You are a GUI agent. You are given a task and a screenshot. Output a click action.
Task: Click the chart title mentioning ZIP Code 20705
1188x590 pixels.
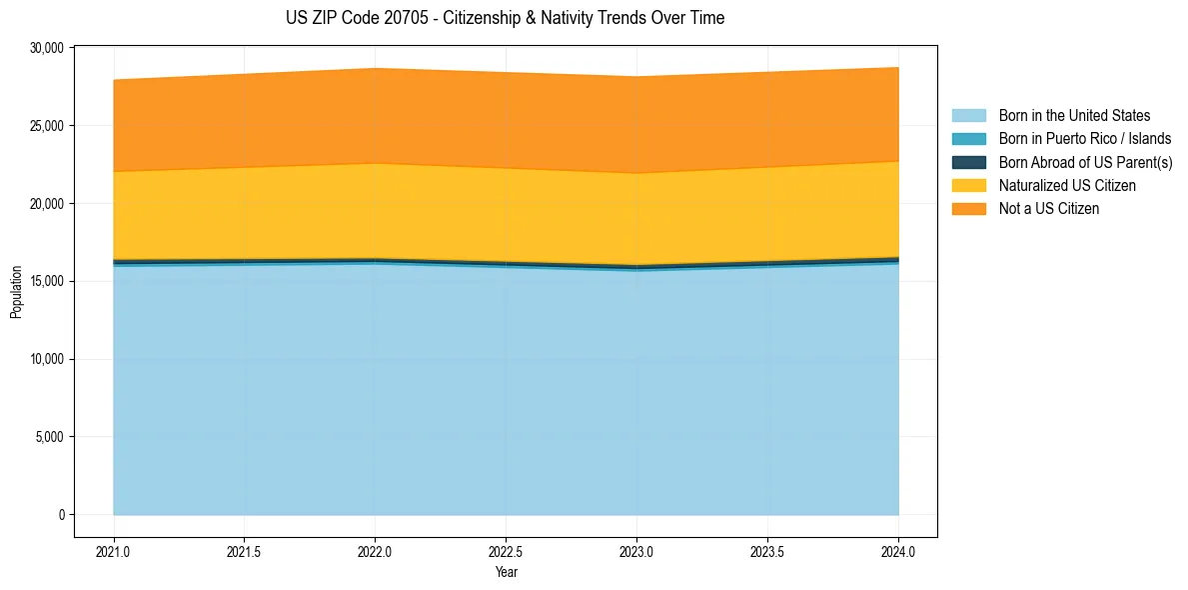point(505,18)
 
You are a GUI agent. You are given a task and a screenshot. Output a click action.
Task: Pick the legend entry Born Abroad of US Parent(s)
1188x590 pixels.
point(1085,162)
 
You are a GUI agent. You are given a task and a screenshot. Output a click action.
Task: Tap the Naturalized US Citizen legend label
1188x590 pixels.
point(1067,186)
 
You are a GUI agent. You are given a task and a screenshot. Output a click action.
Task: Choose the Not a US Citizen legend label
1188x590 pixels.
point(1049,209)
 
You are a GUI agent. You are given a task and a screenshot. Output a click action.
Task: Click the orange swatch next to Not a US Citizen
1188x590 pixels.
point(968,209)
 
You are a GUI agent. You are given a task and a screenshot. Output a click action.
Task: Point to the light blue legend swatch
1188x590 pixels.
point(968,116)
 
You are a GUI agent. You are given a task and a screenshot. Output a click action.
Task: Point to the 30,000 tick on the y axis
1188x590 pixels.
point(48,48)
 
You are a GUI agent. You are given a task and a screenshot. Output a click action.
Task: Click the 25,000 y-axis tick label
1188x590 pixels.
point(48,126)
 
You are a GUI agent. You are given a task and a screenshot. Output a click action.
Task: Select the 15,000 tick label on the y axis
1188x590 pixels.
point(48,281)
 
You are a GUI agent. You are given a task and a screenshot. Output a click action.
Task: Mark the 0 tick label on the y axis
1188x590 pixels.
point(61,515)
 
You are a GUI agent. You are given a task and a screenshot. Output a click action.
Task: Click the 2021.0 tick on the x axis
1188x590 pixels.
point(113,551)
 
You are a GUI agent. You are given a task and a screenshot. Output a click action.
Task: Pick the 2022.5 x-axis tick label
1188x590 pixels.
point(506,551)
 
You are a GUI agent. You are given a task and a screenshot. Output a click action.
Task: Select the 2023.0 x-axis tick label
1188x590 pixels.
point(636,551)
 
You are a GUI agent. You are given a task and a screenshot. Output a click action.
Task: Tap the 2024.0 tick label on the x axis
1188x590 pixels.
point(898,551)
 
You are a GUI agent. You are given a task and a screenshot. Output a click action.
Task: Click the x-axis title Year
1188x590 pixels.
point(506,573)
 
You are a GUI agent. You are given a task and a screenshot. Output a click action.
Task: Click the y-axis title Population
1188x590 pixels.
point(16,292)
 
